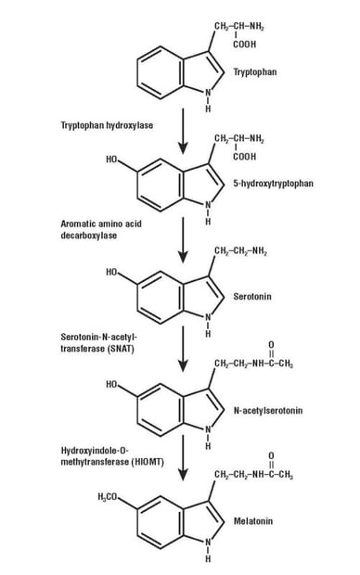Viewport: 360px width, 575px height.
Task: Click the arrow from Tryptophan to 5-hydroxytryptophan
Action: (184, 134)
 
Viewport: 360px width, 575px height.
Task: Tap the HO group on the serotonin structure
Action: (112, 273)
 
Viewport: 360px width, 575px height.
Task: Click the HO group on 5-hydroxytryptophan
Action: (112, 160)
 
